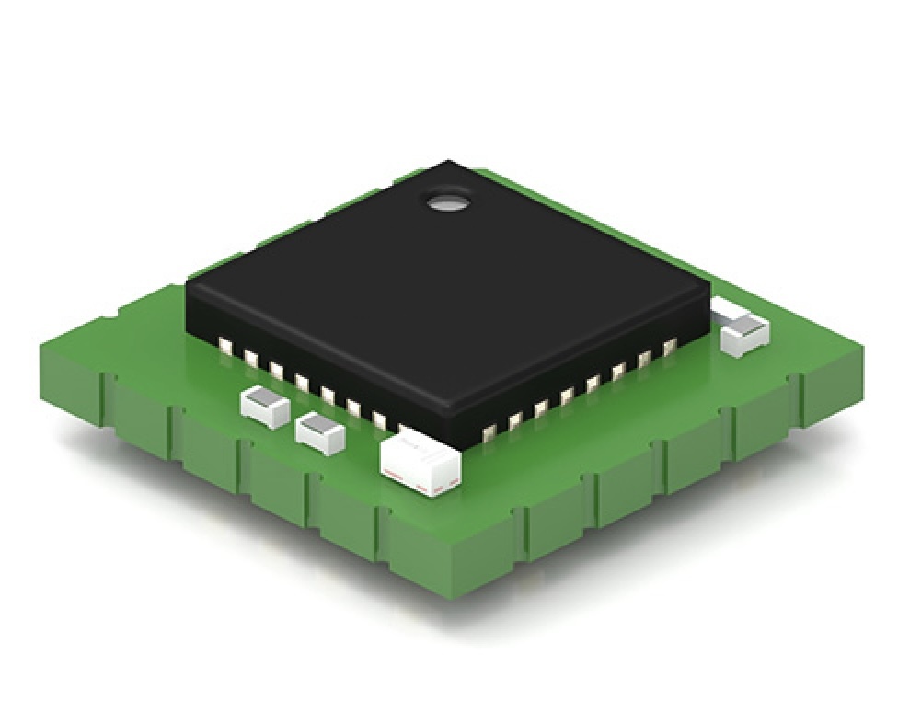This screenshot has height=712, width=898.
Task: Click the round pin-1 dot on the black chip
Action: (449, 201)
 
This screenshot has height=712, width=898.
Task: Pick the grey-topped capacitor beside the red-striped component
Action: (319, 432)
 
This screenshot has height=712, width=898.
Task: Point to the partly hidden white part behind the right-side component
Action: (726, 309)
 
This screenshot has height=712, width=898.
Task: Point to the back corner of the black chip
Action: (448, 163)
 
